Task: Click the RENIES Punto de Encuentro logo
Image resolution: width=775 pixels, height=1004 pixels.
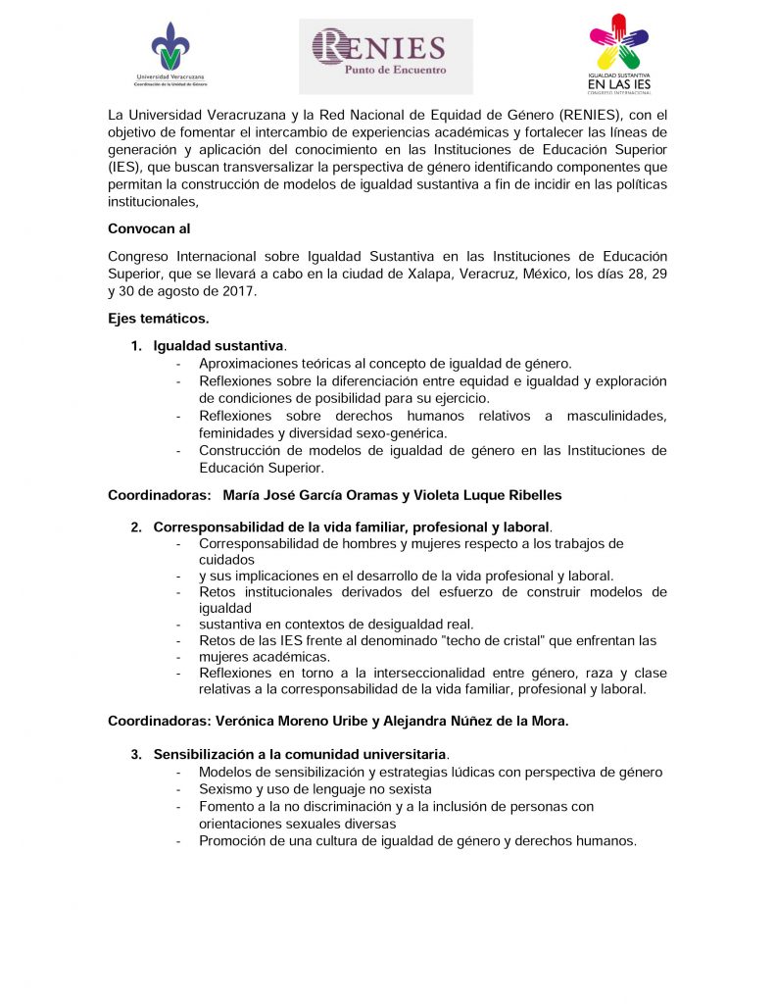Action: coord(385,55)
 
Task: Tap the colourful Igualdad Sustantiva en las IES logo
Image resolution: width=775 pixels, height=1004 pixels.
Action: coord(619,54)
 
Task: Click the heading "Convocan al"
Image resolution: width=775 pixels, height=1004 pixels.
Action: coord(149,228)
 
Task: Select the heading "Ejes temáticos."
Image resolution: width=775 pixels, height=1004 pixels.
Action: coord(158,318)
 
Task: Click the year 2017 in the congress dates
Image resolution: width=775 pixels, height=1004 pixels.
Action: coord(238,292)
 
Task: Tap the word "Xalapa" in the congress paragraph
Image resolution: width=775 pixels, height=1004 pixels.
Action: coord(425,274)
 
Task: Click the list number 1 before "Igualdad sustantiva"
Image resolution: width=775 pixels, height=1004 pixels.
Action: coord(136,345)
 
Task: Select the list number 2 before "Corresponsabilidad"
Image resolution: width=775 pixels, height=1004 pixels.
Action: coord(136,527)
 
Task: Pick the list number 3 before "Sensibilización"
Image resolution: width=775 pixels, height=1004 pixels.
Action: coord(136,754)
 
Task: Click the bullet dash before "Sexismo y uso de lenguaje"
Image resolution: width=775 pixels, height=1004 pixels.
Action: coord(178,789)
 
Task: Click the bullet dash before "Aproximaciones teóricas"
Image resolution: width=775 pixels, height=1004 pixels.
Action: coord(178,364)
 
